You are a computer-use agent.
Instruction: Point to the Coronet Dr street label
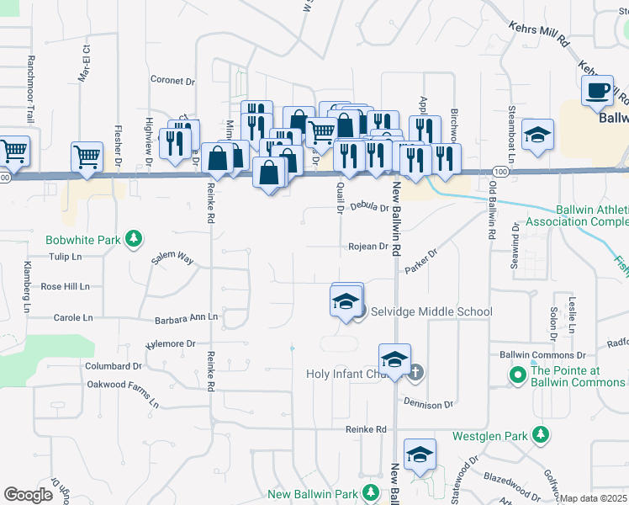point(172,82)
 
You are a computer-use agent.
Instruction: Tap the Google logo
point(29,495)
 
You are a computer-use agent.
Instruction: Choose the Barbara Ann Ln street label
point(186,318)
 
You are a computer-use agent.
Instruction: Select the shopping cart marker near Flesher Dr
point(87,156)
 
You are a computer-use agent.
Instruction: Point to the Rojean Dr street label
point(369,247)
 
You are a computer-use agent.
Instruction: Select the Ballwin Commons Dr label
point(542,355)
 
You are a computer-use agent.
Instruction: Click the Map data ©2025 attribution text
point(594,499)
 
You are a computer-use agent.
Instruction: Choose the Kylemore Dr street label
point(170,344)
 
